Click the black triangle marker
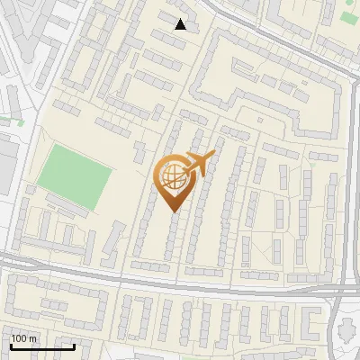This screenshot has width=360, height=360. (x=181, y=24)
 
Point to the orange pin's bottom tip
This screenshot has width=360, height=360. (x=173, y=211)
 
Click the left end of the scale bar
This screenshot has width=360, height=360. (x=11, y=346)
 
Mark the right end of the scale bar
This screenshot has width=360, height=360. (x=74, y=346)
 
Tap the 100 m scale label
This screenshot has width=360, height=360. (x=24, y=338)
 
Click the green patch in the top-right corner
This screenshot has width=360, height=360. (x=349, y=16)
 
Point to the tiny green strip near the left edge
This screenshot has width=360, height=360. (x=11, y=119)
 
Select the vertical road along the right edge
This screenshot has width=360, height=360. (x=348, y=180)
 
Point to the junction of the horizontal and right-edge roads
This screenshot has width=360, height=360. (x=342, y=290)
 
